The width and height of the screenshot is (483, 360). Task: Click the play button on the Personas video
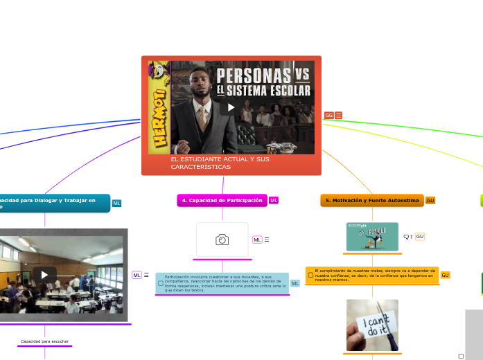pyautogui.click(x=231, y=107)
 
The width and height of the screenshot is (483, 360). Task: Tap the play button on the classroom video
pyautogui.click(x=44, y=274)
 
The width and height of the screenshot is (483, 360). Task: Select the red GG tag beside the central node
pyautogui.click(x=328, y=116)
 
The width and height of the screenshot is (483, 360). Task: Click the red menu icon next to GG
pyautogui.click(x=339, y=116)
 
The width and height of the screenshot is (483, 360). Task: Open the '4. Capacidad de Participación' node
pyautogui.click(x=222, y=200)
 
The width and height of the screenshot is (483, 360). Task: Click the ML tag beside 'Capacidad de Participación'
pyautogui.click(x=274, y=200)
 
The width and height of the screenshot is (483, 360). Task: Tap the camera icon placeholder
pyautogui.click(x=222, y=240)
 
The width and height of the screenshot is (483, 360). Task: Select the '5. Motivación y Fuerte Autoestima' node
pyautogui.click(x=372, y=200)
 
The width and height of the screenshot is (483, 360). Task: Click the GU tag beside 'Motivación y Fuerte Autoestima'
pyautogui.click(x=430, y=200)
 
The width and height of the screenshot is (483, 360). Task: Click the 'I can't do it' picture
pyautogui.click(x=372, y=325)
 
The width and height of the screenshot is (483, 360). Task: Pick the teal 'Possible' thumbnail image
pyautogui.click(x=372, y=237)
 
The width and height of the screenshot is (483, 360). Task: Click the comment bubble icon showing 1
pyautogui.click(x=407, y=237)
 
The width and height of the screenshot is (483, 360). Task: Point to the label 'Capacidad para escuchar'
pyautogui.click(x=45, y=341)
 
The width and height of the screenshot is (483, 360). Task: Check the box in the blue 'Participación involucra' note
pyautogui.click(x=161, y=283)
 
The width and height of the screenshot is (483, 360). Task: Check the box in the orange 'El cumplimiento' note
pyautogui.click(x=310, y=275)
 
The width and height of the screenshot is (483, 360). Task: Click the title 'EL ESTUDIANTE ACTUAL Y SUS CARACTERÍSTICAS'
pyautogui.click(x=220, y=163)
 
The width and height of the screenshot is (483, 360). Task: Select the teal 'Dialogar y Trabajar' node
pyautogui.click(x=52, y=203)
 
